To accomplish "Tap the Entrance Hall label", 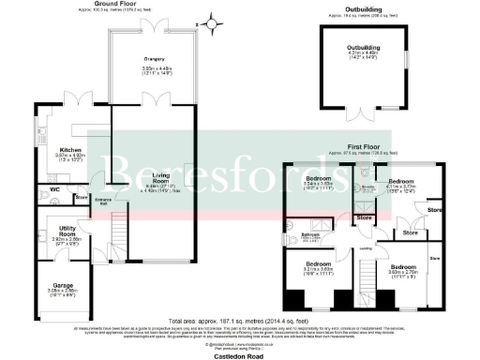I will pyautogui.click(x=103, y=202).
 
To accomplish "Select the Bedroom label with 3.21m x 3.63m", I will pyautogui.click(x=312, y=264).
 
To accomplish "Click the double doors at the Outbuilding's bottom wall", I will pyautogui.click(x=364, y=112).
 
